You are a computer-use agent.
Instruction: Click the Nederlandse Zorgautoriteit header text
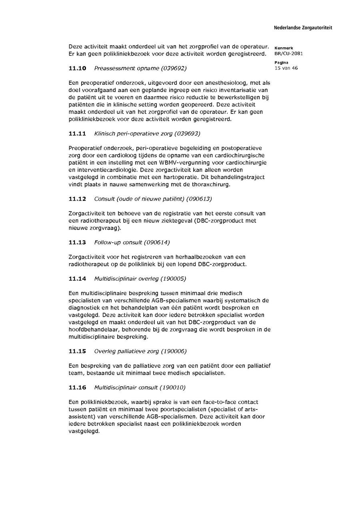click(x=303, y=28)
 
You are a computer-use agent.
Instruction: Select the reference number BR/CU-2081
click(x=288, y=54)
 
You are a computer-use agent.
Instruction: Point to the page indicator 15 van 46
click(x=286, y=68)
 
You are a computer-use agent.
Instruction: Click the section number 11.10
click(x=77, y=68)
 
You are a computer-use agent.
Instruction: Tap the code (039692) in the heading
click(x=174, y=68)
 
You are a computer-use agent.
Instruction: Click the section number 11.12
click(x=77, y=199)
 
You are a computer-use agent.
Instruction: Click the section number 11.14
click(x=77, y=279)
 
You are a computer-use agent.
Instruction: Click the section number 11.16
click(x=77, y=387)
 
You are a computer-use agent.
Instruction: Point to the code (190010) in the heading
click(x=172, y=387)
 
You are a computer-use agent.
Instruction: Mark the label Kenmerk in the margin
click(x=284, y=48)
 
